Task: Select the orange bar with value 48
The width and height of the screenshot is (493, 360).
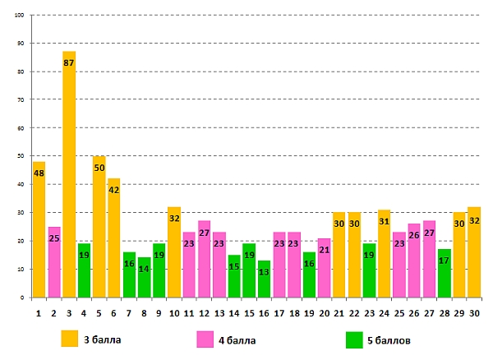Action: tap(39, 229)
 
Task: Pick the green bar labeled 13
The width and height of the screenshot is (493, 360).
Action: tap(264, 279)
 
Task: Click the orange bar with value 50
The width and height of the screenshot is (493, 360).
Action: tap(99, 227)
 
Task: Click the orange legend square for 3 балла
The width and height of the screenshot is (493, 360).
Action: tap(71, 339)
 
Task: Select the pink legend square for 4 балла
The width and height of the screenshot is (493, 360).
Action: tap(205, 339)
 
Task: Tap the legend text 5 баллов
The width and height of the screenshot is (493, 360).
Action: tap(401, 339)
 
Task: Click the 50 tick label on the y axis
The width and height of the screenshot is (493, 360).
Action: tap(20, 156)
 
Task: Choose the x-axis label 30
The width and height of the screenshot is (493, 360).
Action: tap(474, 311)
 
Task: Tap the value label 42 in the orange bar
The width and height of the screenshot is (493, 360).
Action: tap(114, 190)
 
